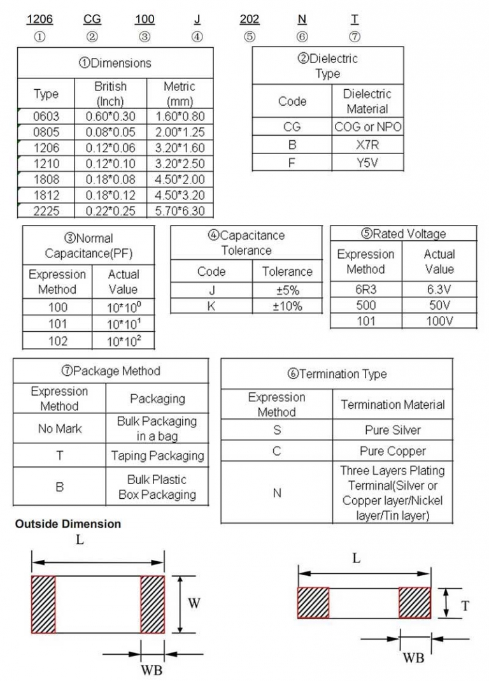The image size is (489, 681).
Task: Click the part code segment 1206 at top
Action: tap(39, 19)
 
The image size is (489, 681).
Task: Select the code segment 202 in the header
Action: tap(250, 19)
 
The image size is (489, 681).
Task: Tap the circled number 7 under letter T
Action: tap(355, 37)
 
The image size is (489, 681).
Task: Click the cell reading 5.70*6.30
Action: tap(180, 210)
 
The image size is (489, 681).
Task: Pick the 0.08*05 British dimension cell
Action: tap(110, 132)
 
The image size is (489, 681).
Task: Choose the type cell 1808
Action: tap(46, 179)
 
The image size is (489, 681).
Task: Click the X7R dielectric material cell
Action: tap(368, 145)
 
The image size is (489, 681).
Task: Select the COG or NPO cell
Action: tap(368, 127)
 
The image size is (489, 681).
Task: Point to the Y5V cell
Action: tap(368, 162)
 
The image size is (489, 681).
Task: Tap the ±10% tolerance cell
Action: tap(287, 306)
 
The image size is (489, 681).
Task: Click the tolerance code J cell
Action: tap(211, 290)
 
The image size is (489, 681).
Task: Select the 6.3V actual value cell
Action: tap(439, 288)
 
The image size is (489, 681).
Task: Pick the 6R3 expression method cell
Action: tap(365, 288)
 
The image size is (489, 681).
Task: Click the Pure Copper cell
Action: tap(392, 451)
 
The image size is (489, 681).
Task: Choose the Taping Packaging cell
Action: tap(157, 455)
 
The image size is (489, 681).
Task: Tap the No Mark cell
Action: tap(60, 429)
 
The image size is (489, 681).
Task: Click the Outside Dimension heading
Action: tap(68, 524)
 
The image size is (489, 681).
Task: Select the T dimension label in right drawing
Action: tap(465, 605)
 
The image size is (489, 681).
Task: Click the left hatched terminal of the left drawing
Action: tap(44, 604)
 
